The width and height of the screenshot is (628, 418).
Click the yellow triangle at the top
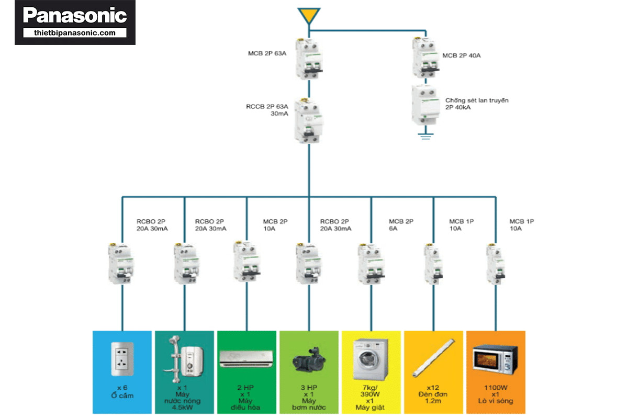[x=309, y=15]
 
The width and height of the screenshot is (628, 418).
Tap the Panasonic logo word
[x=75, y=15]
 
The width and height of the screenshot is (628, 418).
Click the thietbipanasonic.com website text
[x=74, y=33]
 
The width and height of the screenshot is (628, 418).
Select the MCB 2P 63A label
[x=267, y=53]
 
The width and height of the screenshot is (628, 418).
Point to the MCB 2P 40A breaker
[x=425, y=58]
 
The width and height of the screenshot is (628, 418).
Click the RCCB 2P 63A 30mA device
[x=308, y=120]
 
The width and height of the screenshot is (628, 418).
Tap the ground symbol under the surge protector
[x=425, y=136]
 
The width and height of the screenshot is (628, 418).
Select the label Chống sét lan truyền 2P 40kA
[x=477, y=104]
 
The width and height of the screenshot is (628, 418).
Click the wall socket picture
[x=122, y=359]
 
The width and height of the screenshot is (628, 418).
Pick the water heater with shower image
[x=184, y=359]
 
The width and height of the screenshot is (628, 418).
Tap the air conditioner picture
[x=246, y=358]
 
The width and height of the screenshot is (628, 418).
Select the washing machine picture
[x=371, y=359]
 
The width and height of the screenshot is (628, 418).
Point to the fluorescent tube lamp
[x=433, y=358]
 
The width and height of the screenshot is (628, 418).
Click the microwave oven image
[x=495, y=360]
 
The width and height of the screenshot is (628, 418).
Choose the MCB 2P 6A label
[x=401, y=225]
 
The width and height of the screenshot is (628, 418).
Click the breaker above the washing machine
[x=371, y=264]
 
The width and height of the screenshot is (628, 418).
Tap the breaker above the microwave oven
[x=496, y=264]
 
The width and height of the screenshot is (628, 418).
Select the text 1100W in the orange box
[x=496, y=388]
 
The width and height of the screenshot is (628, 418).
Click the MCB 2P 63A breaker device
[x=309, y=59]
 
